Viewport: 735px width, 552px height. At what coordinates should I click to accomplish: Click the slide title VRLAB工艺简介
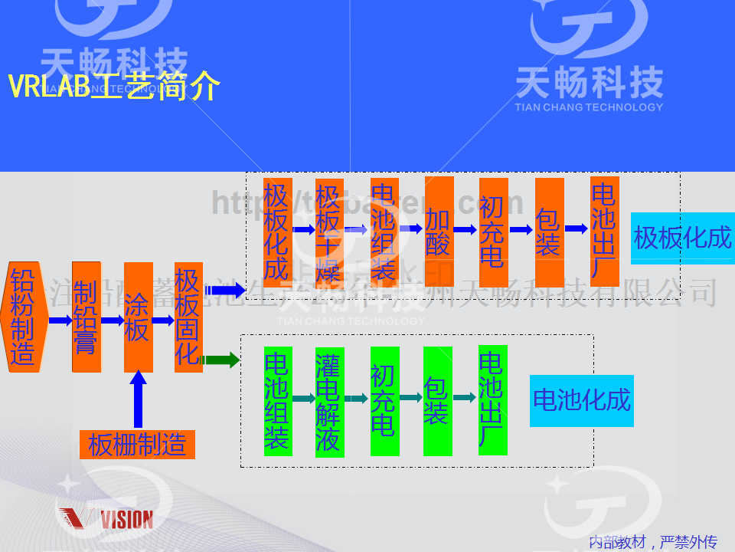pyautogui.click(x=114, y=87)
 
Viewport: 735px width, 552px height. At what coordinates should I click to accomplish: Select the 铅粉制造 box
pyautogui.click(x=24, y=317)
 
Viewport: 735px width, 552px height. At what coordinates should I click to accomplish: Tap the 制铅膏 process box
pyautogui.click(x=86, y=317)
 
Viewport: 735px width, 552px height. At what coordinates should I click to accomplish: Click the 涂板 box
pyautogui.click(x=138, y=317)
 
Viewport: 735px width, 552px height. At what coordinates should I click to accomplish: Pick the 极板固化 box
pyautogui.click(x=188, y=317)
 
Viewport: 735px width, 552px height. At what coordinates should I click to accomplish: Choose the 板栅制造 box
pyautogui.click(x=138, y=445)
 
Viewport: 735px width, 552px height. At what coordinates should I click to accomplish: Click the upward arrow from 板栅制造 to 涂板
pyautogui.click(x=138, y=399)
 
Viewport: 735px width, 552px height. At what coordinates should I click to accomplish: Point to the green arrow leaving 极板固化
pyautogui.click(x=222, y=359)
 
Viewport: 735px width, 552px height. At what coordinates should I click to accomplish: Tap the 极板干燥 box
pyautogui.click(x=328, y=231)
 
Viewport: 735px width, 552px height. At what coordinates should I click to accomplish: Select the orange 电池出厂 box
pyautogui.click(x=604, y=231)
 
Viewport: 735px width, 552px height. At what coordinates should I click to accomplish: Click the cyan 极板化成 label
pyautogui.click(x=682, y=238)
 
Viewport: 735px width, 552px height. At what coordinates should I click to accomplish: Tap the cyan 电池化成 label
pyautogui.click(x=581, y=400)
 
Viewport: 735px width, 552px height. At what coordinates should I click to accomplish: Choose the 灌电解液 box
pyautogui.click(x=329, y=401)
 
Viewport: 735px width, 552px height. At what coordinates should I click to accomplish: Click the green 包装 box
pyautogui.click(x=437, y=401)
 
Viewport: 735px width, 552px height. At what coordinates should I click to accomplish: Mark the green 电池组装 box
pyautogui.click(x=278, y=401)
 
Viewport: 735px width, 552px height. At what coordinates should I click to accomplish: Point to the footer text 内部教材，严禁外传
pyautogui.click(x=652, y=543)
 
